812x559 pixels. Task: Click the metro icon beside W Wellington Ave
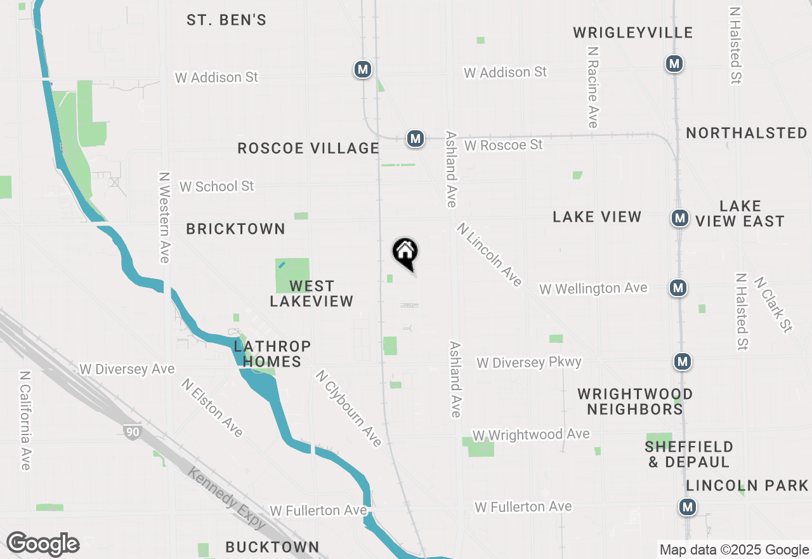click(679, 288)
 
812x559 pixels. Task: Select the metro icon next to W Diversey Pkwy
click(683, 361)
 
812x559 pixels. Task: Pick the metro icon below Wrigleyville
click(674, 64)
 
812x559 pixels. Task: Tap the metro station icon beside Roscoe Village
click(415, 138)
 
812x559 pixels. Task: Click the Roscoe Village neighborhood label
click(308, 149)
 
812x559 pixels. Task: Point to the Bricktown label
click(235, 229)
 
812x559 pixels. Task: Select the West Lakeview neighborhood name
click(311, 293)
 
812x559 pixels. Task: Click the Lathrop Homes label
click(272, 354)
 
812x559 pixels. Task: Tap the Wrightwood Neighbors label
click(634, 401)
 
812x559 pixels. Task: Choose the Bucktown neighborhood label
click(272, 546)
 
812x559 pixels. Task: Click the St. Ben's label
click(226, 20)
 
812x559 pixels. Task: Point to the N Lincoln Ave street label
click(489, 254)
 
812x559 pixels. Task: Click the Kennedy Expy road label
click(227, 498)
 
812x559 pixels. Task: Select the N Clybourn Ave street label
click(348, 408)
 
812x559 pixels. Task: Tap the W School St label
click(216, 186)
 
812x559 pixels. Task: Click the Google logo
click(43, 544)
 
